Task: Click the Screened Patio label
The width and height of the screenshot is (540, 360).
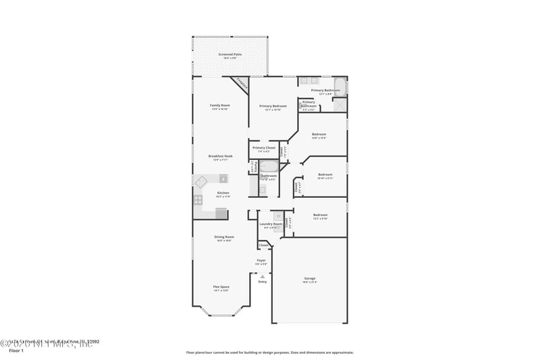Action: [x=230, y=54]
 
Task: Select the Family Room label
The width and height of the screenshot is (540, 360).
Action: [x=220, y=105]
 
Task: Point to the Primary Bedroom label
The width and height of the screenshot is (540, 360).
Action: [x=273, y=106]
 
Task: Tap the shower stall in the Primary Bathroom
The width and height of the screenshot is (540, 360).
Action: [x=340, y=104]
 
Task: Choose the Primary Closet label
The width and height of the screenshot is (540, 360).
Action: [x=263, y=147]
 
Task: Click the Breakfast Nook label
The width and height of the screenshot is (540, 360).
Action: [x=220, y=156]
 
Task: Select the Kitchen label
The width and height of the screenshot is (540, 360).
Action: [x=223, y=192]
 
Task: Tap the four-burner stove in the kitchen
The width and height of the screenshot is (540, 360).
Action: [x=198, y=199]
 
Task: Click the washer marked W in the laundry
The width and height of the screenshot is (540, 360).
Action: [x=277, y=216]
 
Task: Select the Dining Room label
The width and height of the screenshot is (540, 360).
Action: [x=224, y=237]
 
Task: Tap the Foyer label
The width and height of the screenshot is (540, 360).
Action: [x=261, y=260]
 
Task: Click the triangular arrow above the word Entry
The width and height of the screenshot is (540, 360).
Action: [x=262, y=276]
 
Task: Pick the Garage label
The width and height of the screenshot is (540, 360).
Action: [x=309, y=278]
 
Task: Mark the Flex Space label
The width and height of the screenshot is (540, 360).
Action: [x=221, y=286]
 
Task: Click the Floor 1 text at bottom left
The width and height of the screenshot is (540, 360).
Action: [x=16, y=351]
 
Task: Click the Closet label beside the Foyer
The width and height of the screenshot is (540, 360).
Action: [x=263, y=245]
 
